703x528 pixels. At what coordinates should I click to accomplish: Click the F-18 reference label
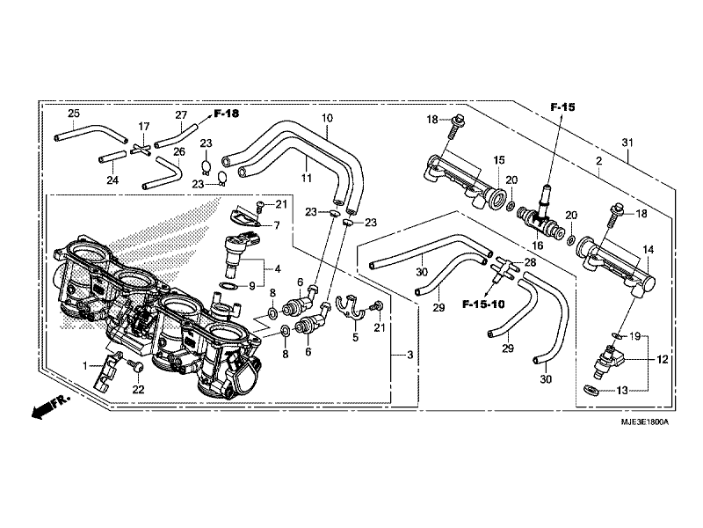click(227, 114)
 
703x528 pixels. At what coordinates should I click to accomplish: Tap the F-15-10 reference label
click(483, 304)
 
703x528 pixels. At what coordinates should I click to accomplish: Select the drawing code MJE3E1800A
click(645, 422)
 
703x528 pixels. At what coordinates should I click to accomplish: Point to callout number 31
click(627, 143)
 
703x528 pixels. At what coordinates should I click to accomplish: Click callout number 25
click(74, 114)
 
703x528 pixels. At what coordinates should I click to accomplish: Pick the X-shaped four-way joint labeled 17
click(140, 150)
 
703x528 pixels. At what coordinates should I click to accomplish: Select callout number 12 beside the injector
click(663, 359)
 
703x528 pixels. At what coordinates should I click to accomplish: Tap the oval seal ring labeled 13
click(591, 389)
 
